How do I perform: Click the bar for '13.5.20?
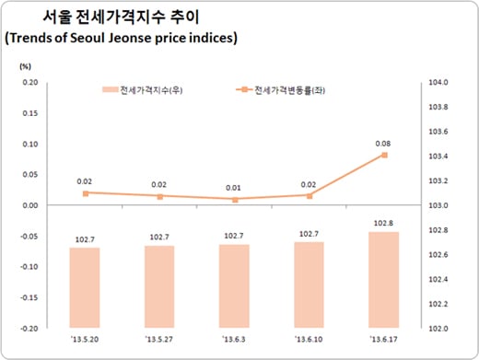click(x=85, y=286)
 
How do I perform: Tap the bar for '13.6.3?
click(x=234, y=285)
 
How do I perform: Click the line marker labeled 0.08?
click(x=383, y=155)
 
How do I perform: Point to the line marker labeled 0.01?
click(x=234, y=199)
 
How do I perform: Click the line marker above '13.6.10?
click(x=310, y=195)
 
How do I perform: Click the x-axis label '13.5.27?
click(x=159, y=340)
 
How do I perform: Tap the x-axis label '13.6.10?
click(x=309, y=340)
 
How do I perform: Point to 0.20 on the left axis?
click(x=30, y=83)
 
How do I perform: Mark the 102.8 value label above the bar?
click(x=383, y=222)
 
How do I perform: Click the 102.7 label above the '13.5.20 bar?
click(x=85, y=238)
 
